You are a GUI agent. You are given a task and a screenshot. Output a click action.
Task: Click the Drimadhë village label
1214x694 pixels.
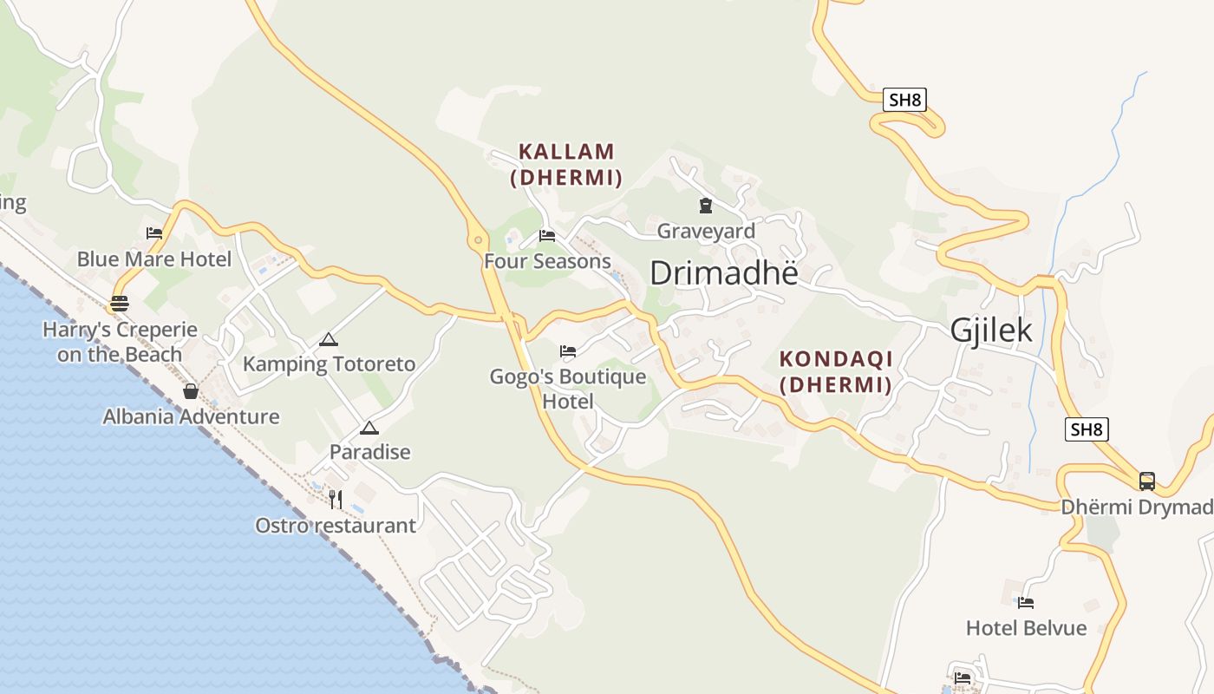(x=723, y=273)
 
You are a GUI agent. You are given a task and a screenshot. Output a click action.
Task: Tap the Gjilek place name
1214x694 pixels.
(x=991, y=331)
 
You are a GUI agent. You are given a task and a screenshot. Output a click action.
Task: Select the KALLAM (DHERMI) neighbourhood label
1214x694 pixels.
(x=566, y=164)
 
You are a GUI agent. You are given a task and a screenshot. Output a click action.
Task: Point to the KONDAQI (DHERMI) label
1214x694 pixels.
(x=835, y=371)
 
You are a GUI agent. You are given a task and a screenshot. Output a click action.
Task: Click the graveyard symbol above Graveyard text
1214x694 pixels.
(x=705, y=206)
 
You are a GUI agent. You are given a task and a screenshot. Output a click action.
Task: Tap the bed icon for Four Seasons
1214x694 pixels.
(x=546, y=235)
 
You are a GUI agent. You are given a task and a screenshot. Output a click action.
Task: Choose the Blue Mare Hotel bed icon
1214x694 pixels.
(x=154, y=232)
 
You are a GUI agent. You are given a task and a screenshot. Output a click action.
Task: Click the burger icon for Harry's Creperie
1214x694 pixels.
(x=119, y=304)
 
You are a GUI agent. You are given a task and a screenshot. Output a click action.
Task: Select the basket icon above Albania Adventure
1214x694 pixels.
(x=191, y=391)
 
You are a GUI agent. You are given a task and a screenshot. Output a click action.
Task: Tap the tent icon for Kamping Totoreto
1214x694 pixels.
(x=328, y=339)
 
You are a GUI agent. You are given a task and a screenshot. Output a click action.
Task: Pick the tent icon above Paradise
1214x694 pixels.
(x=369, y=428)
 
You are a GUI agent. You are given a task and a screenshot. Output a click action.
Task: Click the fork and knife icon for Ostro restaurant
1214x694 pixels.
(x=335, y=499)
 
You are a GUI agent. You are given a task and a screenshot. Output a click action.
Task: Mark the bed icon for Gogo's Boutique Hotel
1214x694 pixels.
(x=568, y=351)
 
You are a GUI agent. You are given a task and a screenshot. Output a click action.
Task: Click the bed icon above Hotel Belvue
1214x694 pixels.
(x=1026, y=602)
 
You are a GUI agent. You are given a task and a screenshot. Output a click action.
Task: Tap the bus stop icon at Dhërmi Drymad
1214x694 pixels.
(x=1146, y=481)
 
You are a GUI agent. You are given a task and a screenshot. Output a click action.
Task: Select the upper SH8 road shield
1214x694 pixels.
(x=904, y=100)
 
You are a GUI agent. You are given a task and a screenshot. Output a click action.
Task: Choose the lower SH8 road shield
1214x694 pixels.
(x=1087, y=429)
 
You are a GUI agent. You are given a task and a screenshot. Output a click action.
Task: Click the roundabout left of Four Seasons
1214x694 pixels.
(x=478, y=240)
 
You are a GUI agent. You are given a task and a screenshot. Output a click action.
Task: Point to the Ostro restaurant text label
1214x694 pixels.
(x=335, y=526)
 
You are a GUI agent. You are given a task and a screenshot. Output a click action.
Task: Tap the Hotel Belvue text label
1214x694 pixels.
(x=1026, y=627)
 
